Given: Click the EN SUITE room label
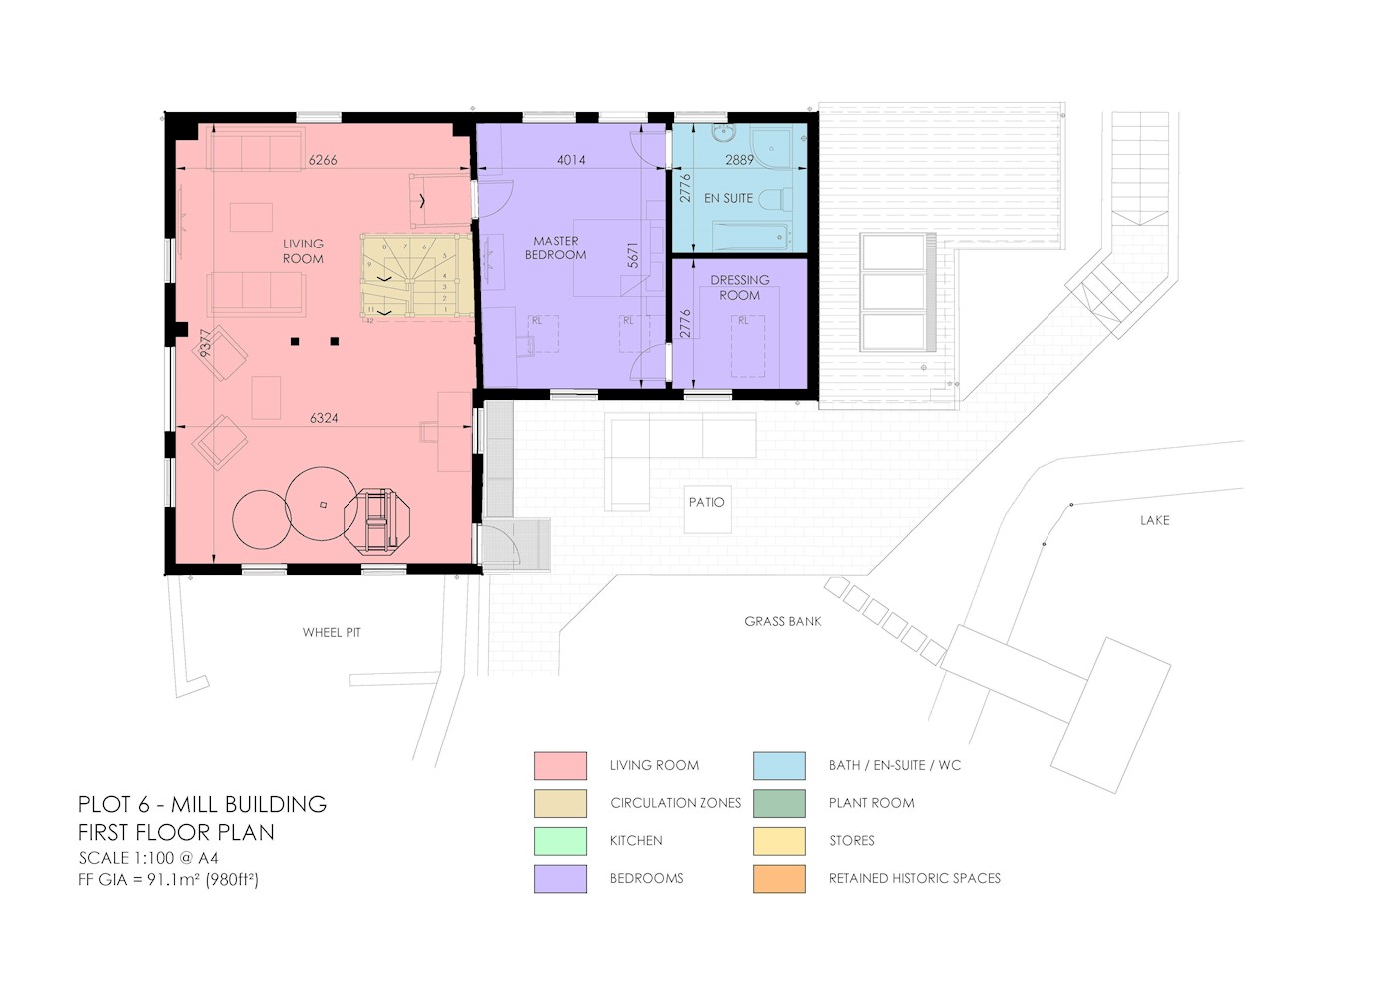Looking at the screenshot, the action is (x=728, y=198).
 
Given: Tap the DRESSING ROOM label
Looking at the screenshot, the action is (x=740, y=288).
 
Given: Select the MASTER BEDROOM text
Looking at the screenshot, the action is (x=555, y=247).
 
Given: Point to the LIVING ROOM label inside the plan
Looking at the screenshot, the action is (x=303, y=251).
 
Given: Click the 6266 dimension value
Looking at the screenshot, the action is (x=323, y=160).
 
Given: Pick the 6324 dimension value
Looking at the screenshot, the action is (x=324, y=418).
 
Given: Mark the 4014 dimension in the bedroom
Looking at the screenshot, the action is (x=571, y=160).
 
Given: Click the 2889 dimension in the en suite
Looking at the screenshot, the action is (x=740, y=160).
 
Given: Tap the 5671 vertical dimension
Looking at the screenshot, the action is (x=633, y=254).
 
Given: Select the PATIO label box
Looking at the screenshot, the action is (x=707, y=509).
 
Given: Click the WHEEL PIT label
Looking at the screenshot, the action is (x=332, y=632).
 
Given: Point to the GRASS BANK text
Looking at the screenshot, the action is (x=783, y=621).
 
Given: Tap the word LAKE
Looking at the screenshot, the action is (x=1154, y=520).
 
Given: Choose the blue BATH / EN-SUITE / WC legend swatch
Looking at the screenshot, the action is (x=779, y=766).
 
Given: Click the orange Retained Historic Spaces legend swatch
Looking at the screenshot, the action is (x=779, y=879).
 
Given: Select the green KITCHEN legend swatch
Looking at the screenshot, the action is (x=560, y=841).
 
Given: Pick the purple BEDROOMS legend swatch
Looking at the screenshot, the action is (x=560, y=879).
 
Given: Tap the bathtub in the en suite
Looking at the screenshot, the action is (x=752, y=236).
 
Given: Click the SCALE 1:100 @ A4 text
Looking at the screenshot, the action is (x=148, y=858).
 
